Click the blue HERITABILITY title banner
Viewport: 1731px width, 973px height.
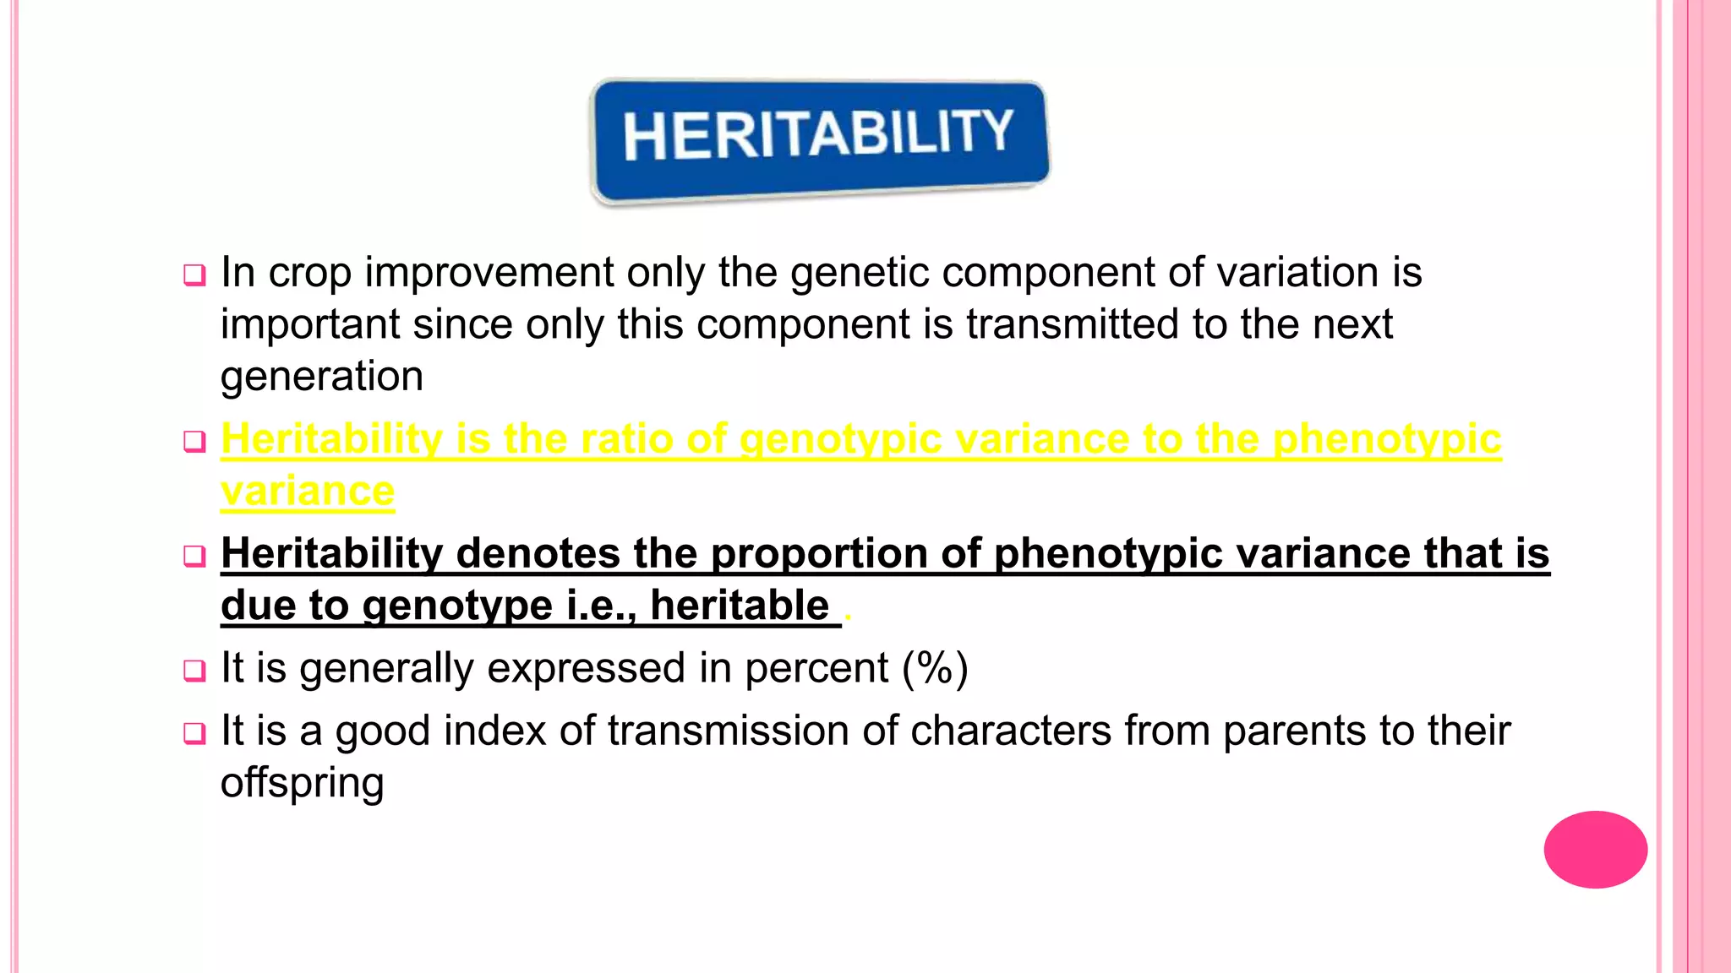tap(818, 139)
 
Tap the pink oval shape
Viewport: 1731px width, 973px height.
tap(1595, 849)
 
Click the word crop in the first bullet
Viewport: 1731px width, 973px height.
tap(309, 274)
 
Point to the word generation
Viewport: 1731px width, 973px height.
tap(321, 377)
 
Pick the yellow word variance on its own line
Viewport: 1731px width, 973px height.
tap(307, 492)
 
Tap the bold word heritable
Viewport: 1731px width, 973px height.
tap(740, 606)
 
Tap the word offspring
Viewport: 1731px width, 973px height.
tap(302, 784)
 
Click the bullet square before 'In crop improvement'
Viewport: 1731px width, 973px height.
tap(194, 275)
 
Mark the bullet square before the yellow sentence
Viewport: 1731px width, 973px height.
tap(194, 441)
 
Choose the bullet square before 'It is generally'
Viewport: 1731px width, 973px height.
tap(194, 671)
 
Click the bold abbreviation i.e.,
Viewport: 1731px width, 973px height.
tap(601, 606)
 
